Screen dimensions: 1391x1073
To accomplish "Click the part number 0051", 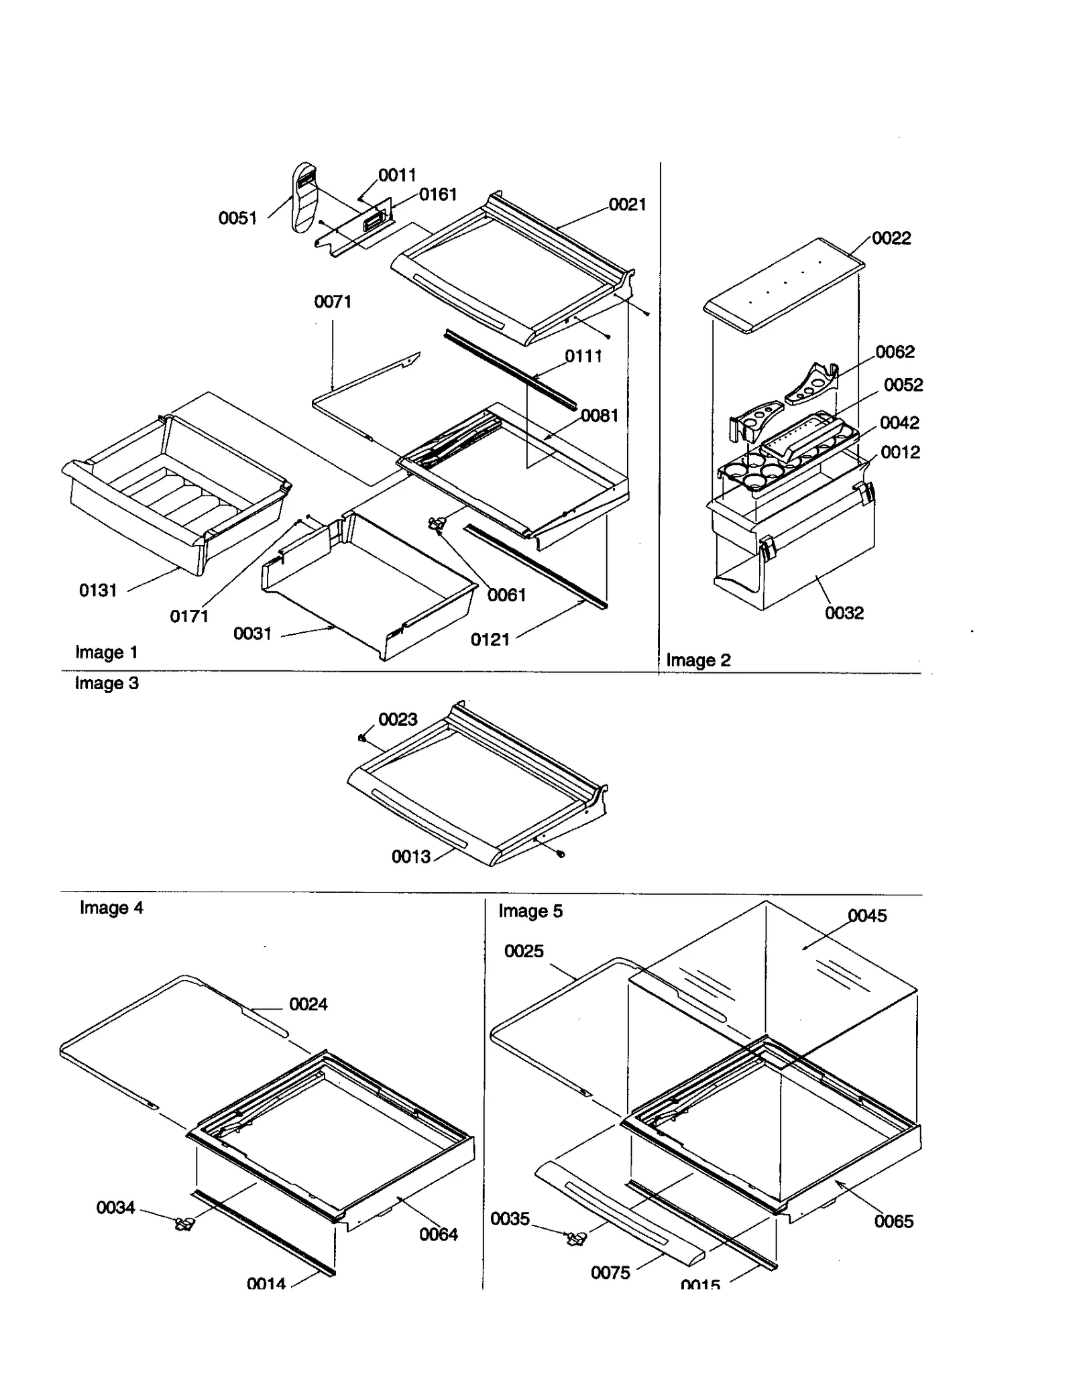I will tap(237, 218).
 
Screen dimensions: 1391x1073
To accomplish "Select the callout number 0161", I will tap(437, 194).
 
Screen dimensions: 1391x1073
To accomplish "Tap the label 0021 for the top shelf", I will tap(627, 204).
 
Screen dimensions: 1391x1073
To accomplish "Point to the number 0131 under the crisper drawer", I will tap(98, 590).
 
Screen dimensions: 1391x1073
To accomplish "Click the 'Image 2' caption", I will tap(697, 660).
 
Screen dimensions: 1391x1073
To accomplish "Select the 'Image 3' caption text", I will tap(107, 683).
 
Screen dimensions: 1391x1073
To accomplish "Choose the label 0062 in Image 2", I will tap(895, 352).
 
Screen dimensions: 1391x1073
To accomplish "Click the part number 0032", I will tap(844, 613).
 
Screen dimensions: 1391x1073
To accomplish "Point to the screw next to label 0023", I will tap(363, 737).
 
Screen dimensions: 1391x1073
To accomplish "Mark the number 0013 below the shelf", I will tap(410, 857).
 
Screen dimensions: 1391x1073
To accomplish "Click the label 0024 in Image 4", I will tap(308, 1004).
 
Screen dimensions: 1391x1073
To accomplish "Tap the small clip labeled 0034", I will tap(184, 1224).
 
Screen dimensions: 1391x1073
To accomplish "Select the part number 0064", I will tap(438, 1234).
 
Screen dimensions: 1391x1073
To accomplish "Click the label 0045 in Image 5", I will tap(866, 916).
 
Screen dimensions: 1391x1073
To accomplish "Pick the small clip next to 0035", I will tap(575, 1239).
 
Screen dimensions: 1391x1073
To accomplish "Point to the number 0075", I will tap(610, 1272).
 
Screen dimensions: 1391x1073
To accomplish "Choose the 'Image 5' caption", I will tap(530, 911).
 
